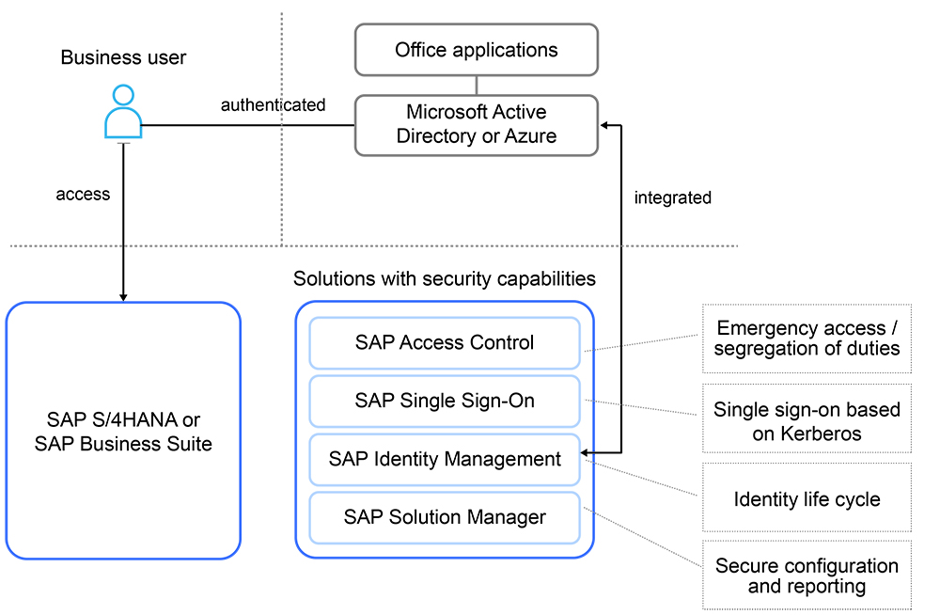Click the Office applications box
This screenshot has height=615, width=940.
(x=476, y=50)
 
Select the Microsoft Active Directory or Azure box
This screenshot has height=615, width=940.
(x=476, y=124)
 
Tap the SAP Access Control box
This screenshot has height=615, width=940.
(x=445, y=342)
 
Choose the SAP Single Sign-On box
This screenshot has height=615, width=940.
(x=445, y=401)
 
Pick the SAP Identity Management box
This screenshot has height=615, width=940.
(x=445, y=459)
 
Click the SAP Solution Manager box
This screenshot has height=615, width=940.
(x=445, y=516)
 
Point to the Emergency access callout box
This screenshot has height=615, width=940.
(x=807, y=339)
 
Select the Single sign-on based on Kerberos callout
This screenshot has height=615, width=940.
(x=807, y=420)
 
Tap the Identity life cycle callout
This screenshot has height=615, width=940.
(x=807, y=498)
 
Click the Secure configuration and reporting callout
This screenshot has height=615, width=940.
(x=807, y=575)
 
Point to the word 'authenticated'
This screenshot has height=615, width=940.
(x=273, y=104)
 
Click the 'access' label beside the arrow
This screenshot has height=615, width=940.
(x=83, y=195)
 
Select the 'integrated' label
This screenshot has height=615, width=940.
(x=672, y=197)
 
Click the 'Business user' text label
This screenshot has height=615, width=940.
(x=123, y=57)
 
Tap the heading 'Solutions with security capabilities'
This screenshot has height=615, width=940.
(x=444, y=278)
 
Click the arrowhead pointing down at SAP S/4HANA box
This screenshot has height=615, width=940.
(x=123, y=296)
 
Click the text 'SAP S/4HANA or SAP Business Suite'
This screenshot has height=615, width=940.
(x=123, y=431)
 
